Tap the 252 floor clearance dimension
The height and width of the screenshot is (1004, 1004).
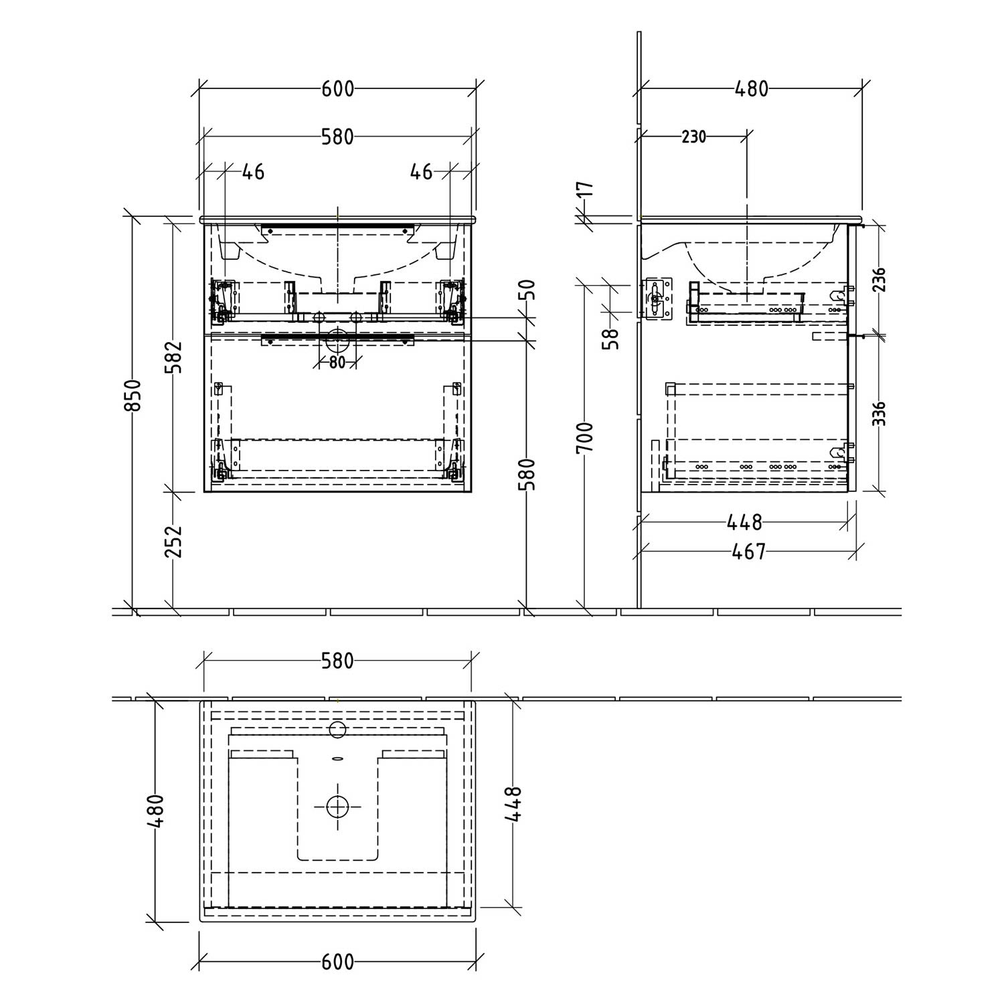click(x=173, y=541)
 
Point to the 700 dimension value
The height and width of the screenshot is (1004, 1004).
click(x=585, y=437)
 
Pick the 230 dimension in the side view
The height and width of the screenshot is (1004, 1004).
click(x=693, y=137)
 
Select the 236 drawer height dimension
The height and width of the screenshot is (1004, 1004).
click(x=880, y=280)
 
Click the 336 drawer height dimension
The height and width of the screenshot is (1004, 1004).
click(x=880, y=414)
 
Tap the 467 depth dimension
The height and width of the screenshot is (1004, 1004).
click(x=748, y=551)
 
